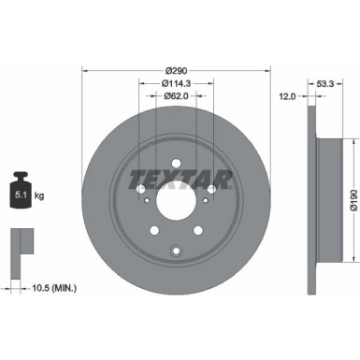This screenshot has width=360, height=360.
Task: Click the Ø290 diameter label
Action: [176, 71]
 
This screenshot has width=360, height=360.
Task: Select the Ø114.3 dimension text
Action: [176, 83]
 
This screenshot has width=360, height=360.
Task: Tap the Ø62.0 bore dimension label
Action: [176, 95]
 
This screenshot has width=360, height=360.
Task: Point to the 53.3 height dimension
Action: [325, 83]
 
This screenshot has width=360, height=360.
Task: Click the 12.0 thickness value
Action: [287, 96]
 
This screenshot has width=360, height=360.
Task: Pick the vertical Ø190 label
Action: [353, 201]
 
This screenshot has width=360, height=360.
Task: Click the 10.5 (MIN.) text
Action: [54, 288]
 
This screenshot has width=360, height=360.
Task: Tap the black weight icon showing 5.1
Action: [21, 190]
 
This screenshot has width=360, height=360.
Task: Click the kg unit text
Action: [39, 196]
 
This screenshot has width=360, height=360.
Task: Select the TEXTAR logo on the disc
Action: [180, 180]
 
